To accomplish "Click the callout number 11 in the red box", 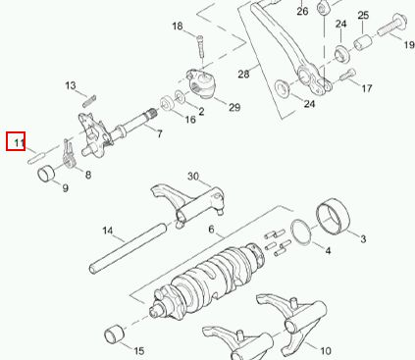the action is click(x=19, y=142).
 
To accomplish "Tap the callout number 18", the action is click(x=178, y=26).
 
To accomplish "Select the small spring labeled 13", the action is click(x=89, y=101).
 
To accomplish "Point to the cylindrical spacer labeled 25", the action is click(x=363, y=42).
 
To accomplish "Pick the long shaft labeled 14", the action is click(x=128, y=248).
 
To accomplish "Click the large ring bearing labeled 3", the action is click(x=333, y=216).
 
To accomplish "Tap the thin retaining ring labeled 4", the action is click(x=301, y=231).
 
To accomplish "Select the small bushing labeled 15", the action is click(x=115, y=334).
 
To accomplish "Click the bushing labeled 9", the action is click(x=48, y=174).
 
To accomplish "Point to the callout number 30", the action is click(x=193, y=177).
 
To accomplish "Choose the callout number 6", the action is click(x=211, y=230).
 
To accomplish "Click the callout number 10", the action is click(x=326, y=351).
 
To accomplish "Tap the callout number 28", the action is click(x=243, y=74).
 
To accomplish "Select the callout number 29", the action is click(x=234, y=107).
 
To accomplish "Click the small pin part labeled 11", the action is click(x=35, y=158).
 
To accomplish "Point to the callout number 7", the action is click(x=159, y=133).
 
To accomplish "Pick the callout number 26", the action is click(x=302, y=11).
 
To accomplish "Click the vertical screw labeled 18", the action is click(x=200, y=47).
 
